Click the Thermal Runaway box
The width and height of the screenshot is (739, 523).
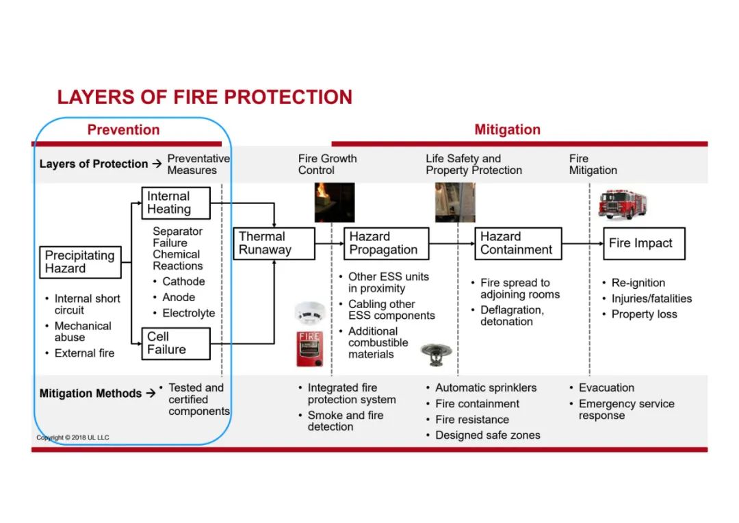pyautogui.click(x=274, y=243)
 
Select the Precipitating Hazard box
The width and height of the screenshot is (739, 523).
pyautogui.click(x=80, y=261)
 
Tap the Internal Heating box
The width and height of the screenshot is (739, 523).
pyautogui.click(x=176, y=203)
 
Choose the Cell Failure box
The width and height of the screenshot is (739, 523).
pyautogui.click(x=176, y=344)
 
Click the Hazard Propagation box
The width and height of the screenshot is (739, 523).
pyautogui.click(x=387, y=243)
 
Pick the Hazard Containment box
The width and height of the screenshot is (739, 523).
pyautogui.click(x=518, y=243)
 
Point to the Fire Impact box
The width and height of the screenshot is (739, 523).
pyautogui.click(x=644, y=243)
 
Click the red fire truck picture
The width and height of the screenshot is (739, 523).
pyautogui.click(x=622, y=204)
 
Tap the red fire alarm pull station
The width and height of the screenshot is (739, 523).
pyautogui.click(x=310, y=348)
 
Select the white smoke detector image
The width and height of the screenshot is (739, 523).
pyautogui.click(x=310, y=312)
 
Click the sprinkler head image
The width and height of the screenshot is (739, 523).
pyautogui.click(x=436, y=354)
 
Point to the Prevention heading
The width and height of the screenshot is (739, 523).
pyautogui.click(x=123, y=129)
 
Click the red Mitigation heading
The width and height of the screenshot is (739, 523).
pyautogui.click(x=507, y=129)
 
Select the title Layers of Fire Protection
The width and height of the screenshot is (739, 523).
pyautogui.click(x=205, y=97)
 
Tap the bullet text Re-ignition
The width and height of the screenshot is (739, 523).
pyautogui.click(x=638, y=283)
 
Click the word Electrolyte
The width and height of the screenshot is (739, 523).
pyautogui.click(x=189, y=313)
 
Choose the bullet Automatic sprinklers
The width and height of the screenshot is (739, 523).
pyautogui.click(x=486, y=388)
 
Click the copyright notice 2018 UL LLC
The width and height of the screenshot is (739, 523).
pyautogui.click(x=73, y=437)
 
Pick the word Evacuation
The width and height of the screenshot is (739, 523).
pyautogui.click(x=606, y=388)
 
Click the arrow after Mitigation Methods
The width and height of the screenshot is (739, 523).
pyautogui.click(x=151, y=393)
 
